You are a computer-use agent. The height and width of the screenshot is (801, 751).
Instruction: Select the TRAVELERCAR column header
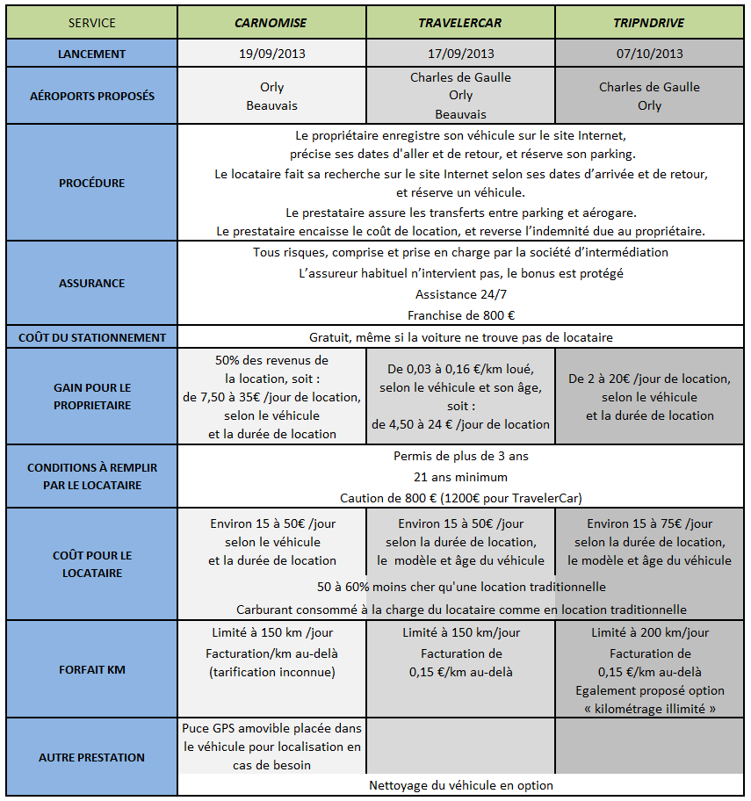(461, 23)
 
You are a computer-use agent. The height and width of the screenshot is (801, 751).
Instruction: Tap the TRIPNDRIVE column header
(650, 23)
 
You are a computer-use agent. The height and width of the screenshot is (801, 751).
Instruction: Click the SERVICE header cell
(91, 23)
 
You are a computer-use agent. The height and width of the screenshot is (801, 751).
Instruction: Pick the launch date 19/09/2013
(272, 54)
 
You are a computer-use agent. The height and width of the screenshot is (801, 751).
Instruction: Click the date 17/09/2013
(461, 54)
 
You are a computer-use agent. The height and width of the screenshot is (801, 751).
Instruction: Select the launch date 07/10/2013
(650, 54)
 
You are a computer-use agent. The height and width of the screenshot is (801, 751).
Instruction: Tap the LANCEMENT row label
(91, 54)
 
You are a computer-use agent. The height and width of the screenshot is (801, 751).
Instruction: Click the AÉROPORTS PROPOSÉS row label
(91, 96)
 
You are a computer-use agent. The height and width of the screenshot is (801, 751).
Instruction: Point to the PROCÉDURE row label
(91, 183)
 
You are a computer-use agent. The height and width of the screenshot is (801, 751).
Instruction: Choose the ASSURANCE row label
(91, 283)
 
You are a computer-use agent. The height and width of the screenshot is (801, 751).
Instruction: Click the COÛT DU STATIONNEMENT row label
(91, 337)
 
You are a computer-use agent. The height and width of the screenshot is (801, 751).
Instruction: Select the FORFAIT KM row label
(91, 669)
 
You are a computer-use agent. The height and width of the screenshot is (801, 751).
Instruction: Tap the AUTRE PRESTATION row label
(91, 757)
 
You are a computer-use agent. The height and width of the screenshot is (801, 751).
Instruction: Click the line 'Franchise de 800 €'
(461, 315)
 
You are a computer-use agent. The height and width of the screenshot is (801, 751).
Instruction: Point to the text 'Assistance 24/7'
(461, 294)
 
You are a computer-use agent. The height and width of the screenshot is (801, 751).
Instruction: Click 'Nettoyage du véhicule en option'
(461, 785)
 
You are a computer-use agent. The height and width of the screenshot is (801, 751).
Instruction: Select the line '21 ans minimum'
(461, 477)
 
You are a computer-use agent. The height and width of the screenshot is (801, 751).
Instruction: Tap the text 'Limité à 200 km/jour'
(650, 632)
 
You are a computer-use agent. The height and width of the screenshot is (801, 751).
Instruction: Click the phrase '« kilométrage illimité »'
(650, 709)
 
